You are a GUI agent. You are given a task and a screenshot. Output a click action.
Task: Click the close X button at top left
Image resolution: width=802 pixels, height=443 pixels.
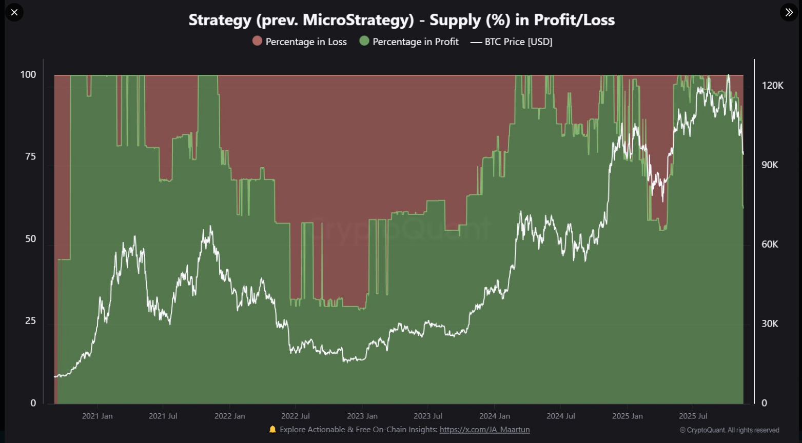point(14,12)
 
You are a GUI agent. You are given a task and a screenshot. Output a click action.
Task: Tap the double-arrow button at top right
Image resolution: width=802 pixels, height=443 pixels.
point(789,12)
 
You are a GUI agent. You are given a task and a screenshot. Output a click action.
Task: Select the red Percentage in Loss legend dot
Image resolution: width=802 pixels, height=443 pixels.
point(258,41)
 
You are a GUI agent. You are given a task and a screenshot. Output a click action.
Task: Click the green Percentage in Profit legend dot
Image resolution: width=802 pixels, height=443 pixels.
point(364,41)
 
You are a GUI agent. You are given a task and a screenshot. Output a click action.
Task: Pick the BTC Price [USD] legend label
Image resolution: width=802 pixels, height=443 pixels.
point(518,42)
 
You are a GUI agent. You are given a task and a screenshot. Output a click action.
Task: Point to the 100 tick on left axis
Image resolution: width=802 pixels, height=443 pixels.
point(28,75)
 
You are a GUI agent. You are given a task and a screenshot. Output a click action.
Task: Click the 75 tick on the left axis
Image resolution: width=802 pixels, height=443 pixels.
point(30,157)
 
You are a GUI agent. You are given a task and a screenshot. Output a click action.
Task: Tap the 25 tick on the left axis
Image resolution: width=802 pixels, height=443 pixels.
point(30,321)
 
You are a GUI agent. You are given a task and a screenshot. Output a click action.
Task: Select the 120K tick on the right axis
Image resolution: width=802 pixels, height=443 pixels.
point(772,86)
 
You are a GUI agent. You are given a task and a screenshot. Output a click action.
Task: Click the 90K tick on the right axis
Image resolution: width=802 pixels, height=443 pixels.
point(770,165)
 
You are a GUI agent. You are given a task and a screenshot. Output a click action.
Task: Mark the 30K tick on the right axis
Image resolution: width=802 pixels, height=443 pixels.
point(770,324)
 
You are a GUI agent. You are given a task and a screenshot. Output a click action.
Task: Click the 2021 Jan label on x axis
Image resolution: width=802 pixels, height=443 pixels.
point(97,416)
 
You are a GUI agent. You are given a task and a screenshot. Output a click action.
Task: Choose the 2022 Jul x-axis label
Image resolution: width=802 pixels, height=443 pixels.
point(296,416)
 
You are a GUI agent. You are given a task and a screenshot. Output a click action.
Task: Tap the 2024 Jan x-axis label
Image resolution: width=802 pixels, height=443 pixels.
point(495,416)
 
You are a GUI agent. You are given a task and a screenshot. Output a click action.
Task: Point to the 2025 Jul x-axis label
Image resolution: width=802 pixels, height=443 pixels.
point(693,416)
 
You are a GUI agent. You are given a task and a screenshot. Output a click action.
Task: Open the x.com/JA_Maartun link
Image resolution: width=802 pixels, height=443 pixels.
point(484,430)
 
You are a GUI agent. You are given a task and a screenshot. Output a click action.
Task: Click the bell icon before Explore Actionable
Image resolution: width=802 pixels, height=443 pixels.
point(272,430)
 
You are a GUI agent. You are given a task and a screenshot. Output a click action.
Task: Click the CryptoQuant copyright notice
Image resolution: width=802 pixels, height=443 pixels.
point(729,430)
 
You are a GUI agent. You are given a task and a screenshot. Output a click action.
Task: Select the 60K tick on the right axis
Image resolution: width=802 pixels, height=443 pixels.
point(770,245)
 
